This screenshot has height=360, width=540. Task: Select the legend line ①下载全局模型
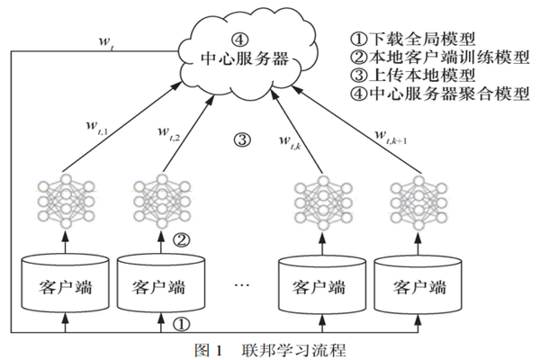point(417,40)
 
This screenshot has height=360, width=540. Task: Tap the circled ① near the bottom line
point(182,321)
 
